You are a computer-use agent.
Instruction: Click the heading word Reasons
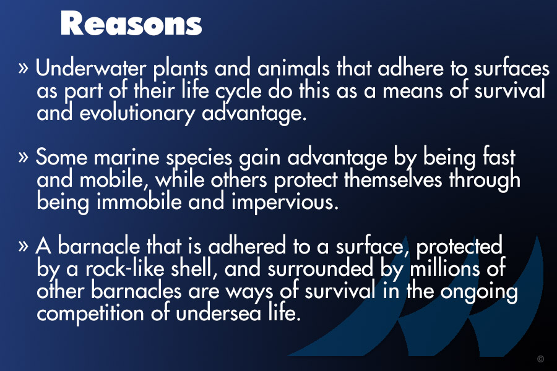click(x=131, y=23)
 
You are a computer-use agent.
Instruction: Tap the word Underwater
click(x=91, y=67)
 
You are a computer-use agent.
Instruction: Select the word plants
click(x=181, y=69)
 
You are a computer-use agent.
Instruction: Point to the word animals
click(x=293, y=67)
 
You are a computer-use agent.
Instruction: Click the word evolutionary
click(x=137, y=114)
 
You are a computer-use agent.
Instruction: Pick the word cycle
click(x=238, y=92)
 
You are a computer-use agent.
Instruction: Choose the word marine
click(x=126, y=157)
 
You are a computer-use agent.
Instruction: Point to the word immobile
click(x=139, y=202)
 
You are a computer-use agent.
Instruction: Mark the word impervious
click(x=285, y=203)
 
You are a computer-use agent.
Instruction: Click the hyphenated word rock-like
click(x=124, y=268)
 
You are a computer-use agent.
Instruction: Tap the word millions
click(x=445, y=268)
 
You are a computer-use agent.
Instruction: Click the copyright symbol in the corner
click(x=541, y=359)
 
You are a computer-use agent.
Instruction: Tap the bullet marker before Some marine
click(x=23, y=157)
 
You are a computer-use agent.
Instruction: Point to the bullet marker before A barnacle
click(x=23, y=245)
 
